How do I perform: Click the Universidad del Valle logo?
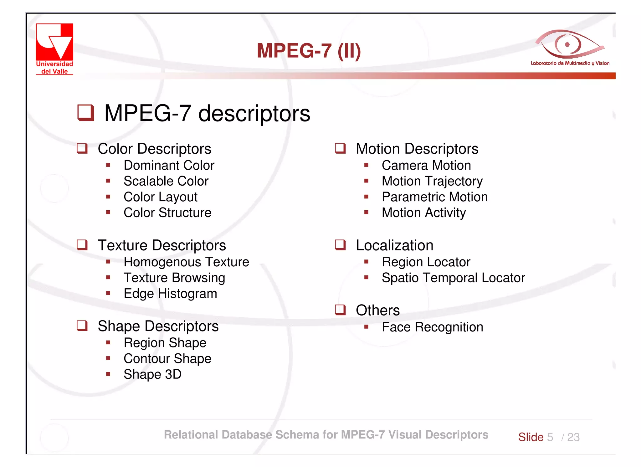(54, 49)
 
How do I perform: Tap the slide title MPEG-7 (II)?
(309, 51)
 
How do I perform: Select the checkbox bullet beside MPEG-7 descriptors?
(85, 113)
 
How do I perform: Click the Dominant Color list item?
(169, 165)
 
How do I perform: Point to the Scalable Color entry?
(166, 181)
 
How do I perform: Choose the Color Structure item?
(167, 213)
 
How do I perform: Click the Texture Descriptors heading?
(162, 245)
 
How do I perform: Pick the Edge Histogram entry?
(170, 294)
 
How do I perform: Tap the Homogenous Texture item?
(186, 262)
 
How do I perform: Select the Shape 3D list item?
(152, 374)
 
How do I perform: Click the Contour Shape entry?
(167, 359)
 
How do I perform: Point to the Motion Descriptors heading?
(417, 149)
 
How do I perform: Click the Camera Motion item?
(426, 165)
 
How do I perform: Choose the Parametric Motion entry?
(435, 197)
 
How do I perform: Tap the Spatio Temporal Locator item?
(453, 278)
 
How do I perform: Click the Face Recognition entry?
(432, 327)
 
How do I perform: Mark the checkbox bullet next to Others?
(340, 310)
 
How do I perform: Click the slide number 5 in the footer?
(550, 437)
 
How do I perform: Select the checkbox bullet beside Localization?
(340, 245)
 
